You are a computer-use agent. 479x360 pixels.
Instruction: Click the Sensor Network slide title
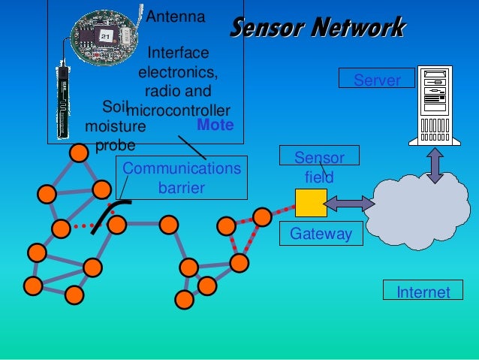(x=318, y=28)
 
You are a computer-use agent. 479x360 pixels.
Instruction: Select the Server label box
(x=377, y=79)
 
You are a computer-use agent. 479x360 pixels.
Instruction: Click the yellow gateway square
(x=311, y=203)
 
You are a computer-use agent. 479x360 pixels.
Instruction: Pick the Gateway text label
(x=321, y=234)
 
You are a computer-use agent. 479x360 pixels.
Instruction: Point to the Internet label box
(x=423, y=292)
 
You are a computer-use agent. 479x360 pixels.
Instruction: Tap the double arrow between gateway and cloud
(x=350, y=204)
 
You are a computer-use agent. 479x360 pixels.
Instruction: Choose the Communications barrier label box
(x=182, y=178)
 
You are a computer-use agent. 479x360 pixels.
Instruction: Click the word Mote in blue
(x=215, y=125)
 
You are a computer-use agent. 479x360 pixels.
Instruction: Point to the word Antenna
(x=175, y=16)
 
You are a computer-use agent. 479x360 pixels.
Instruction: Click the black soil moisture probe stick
(x=64, y=98)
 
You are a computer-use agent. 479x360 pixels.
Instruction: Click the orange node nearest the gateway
(x=262, y=216)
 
